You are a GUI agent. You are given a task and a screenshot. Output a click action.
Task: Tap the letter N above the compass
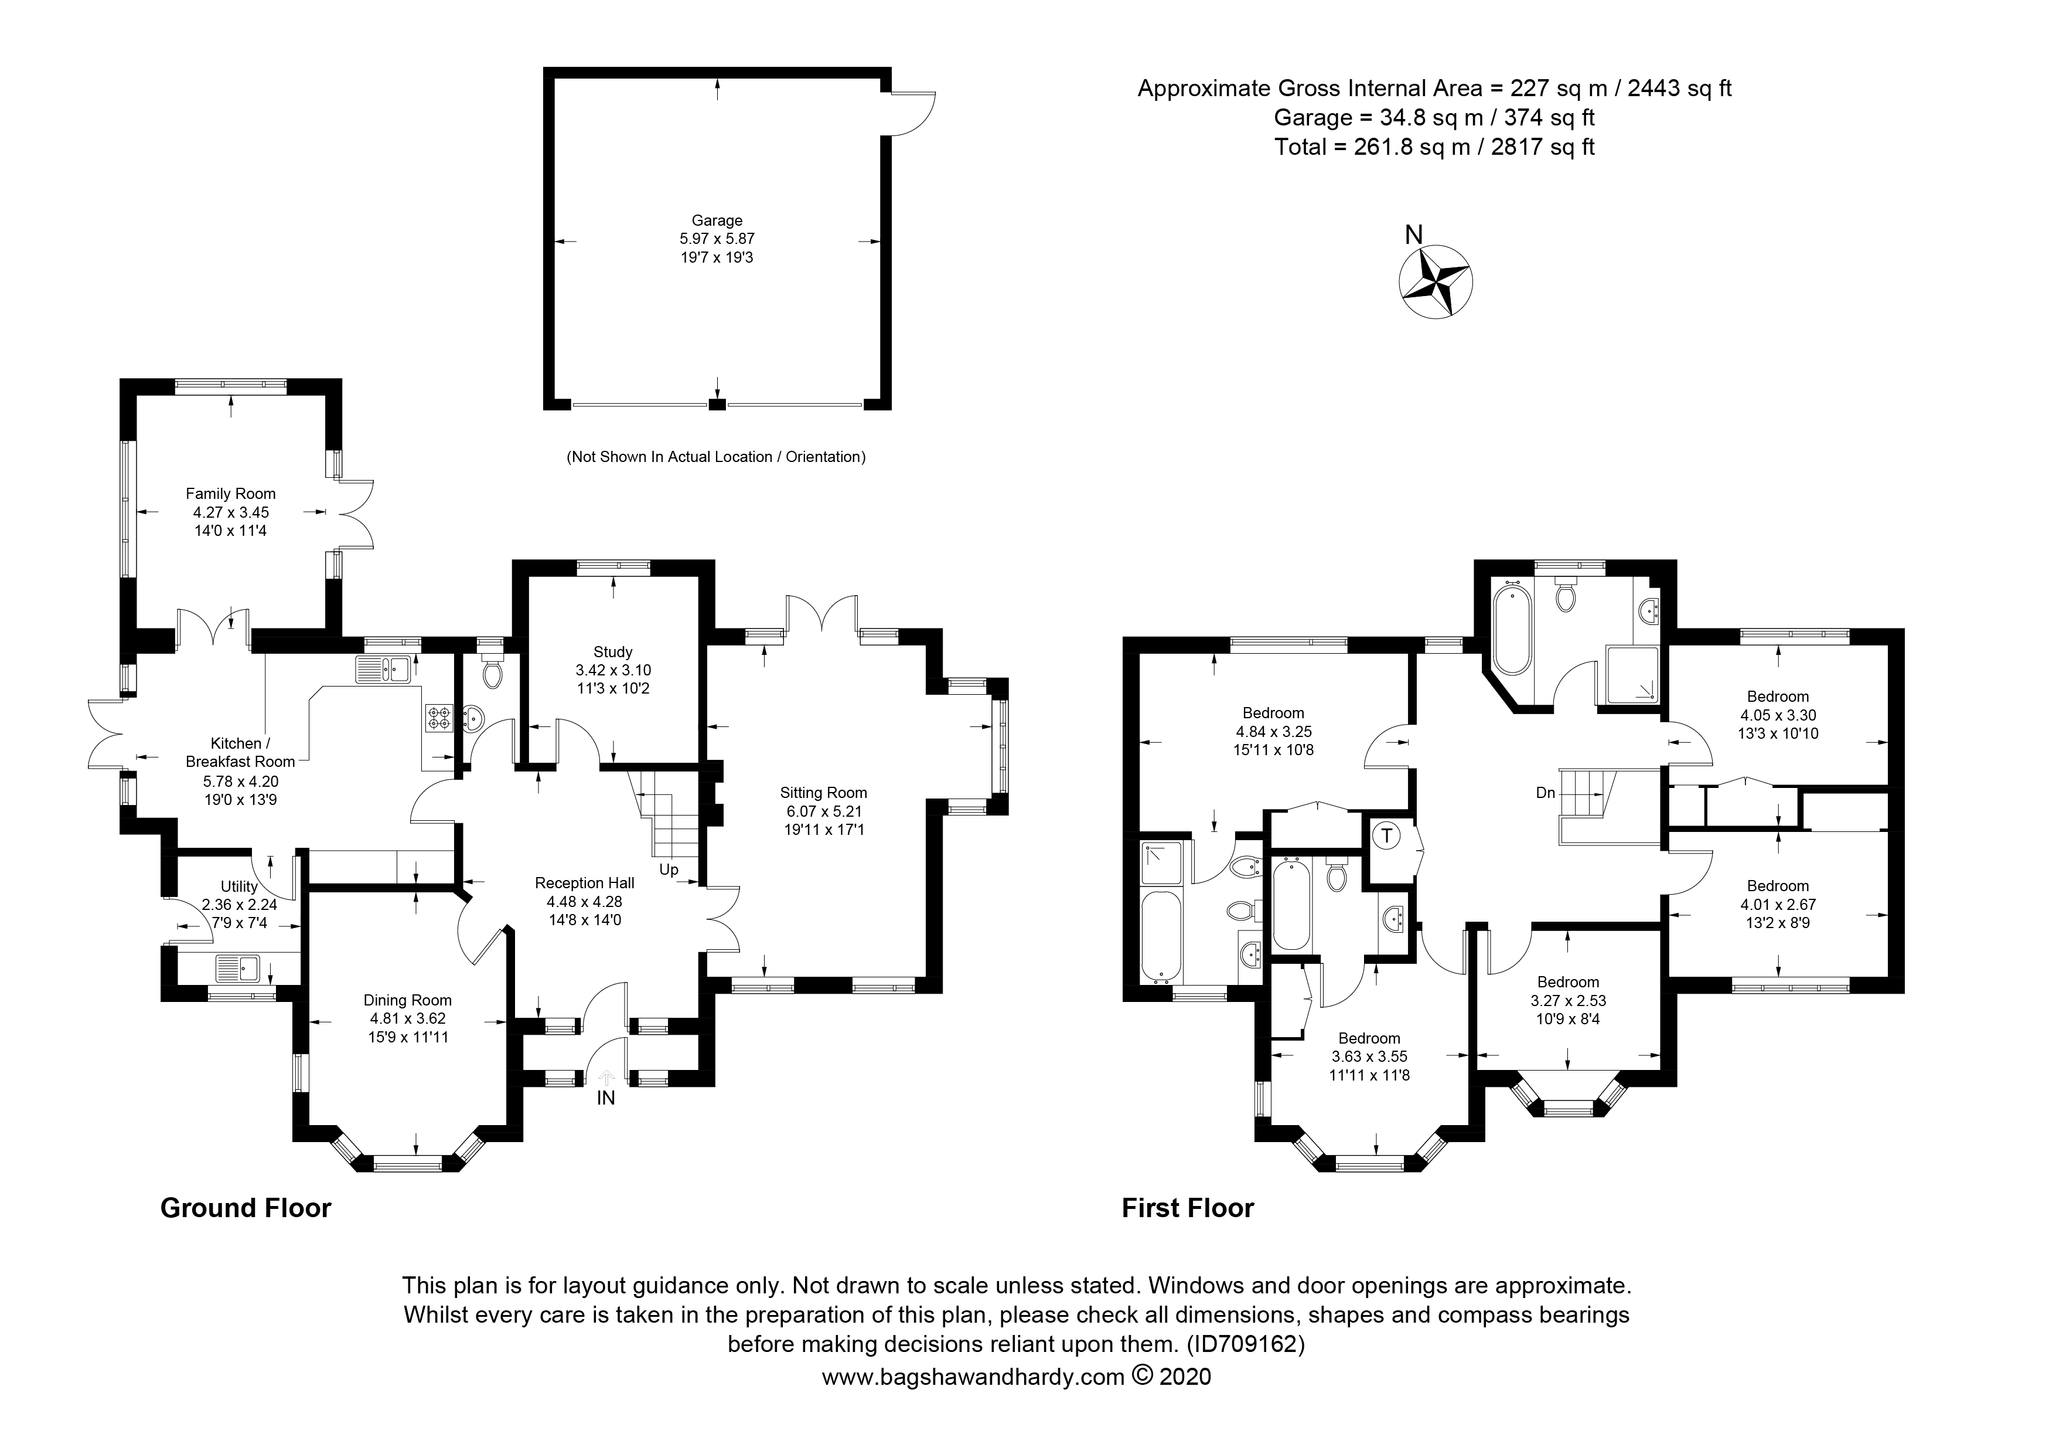pos(1414,235)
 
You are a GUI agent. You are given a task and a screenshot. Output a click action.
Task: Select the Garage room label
pos(717,220)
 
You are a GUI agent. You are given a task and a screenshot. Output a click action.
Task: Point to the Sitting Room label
pos(823,793)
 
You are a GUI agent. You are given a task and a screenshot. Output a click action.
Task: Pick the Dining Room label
pos(407,1001)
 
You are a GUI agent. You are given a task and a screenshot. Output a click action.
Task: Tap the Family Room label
pos(230,494)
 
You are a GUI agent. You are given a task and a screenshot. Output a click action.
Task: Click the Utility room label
pos(239,887)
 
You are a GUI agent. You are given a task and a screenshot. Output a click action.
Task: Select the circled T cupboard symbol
pos(1387,837)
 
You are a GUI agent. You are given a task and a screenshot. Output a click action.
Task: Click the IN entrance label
pos(606,1098)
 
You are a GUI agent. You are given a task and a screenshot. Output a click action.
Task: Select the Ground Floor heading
pos(246,1208)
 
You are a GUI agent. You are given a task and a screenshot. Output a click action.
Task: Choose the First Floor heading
pos(1188,1208)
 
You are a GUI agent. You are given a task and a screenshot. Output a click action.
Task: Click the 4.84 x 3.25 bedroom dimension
pos(1273,732)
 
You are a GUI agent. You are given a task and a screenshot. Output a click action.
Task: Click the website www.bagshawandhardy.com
pos(973,1377)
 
